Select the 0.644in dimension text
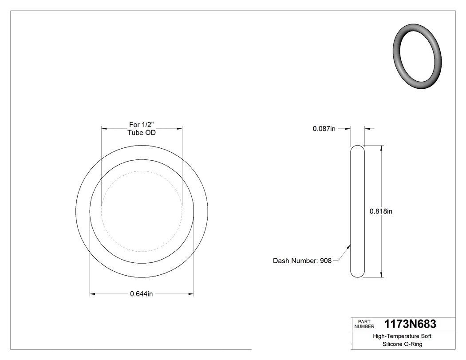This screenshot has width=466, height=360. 142,294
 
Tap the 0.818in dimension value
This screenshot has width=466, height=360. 381,211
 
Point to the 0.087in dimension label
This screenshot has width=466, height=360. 324,129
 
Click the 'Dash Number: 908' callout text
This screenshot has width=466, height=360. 302,261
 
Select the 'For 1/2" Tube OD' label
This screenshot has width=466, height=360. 142,129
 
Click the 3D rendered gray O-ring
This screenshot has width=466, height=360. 418,56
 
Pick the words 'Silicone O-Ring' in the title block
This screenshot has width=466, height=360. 403,344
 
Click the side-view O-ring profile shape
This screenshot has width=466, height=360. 357,211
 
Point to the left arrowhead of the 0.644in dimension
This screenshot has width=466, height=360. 92,294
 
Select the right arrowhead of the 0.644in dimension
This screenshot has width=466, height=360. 191,294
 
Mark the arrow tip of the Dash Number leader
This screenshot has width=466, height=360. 350,245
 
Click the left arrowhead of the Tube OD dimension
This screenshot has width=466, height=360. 104,129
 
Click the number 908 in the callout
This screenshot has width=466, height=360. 325,261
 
